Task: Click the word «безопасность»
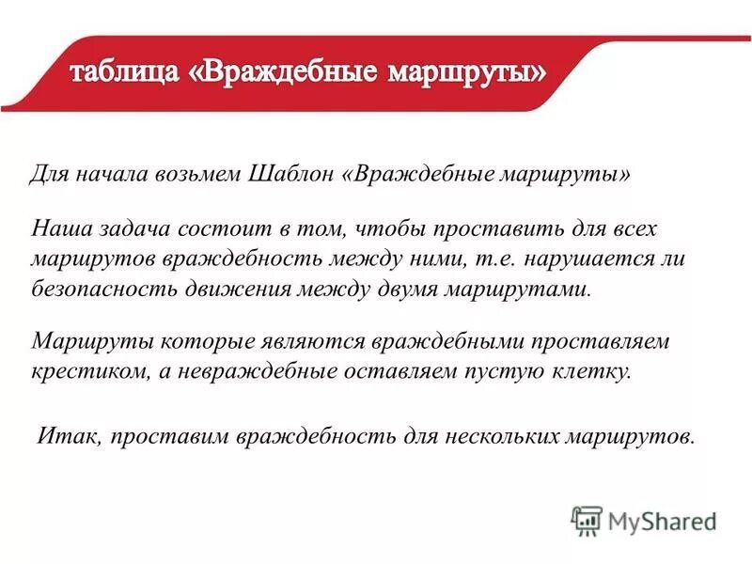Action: (105, 288)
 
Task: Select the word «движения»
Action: (250, 288)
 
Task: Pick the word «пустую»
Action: (504, 370)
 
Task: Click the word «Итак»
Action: (67, 438)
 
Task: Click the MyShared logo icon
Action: (587, 520)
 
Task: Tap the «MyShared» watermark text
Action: (662, 521)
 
